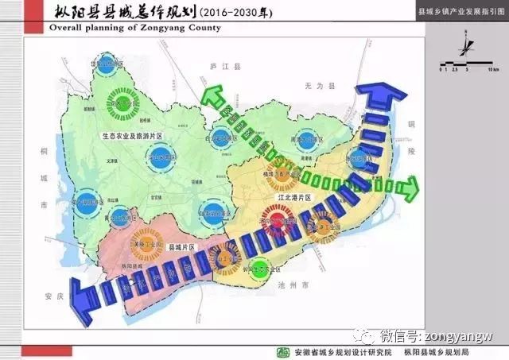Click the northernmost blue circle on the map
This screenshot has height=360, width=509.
pyautogui.click(x=104, y=68)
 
